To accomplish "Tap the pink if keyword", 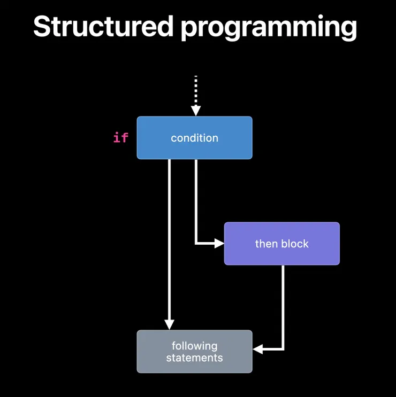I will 121,138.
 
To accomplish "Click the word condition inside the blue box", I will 194,138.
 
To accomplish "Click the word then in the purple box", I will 266,244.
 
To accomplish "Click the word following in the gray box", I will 194,346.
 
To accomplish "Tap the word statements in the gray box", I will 194,357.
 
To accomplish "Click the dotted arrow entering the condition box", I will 196,91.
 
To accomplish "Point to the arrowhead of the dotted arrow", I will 196,111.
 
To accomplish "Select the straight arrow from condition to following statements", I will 169,240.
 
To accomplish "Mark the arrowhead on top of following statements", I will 169,324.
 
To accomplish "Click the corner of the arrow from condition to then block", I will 196,244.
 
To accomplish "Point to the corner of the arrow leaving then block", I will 283,349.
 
